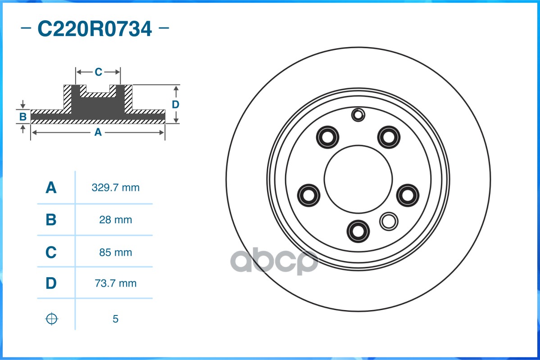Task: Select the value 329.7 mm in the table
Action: point(115,188)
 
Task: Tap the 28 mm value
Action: point(115,220)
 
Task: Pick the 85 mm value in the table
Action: point(115,252)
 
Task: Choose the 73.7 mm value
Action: point(115,283)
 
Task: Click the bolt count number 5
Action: point(115,319)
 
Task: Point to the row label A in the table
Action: point(51,188)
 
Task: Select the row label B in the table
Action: point(51,220)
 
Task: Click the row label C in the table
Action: point(51,252)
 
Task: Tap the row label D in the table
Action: point(51,283)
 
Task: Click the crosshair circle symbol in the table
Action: point(52,319)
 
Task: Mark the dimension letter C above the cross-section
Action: point(98,72)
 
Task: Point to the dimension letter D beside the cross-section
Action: point(176,104)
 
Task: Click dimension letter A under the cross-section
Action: point(98,132)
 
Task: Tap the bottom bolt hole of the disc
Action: point(358,230)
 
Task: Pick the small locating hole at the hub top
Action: point(358,115)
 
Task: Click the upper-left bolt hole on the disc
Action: point(327,136)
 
